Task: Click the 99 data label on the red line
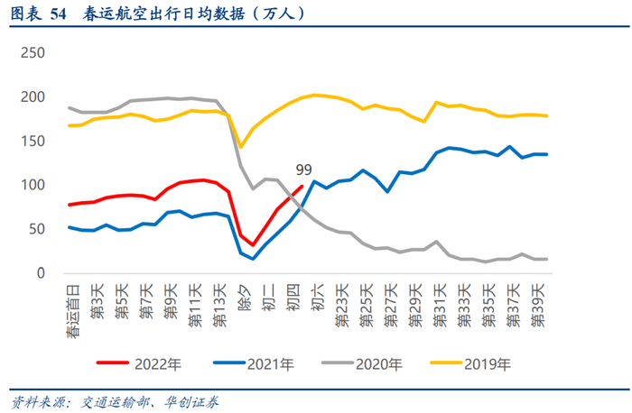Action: [304, 170]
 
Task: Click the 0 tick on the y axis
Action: [40, 273]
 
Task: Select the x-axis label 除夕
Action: [243, 296]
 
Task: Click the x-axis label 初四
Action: [292, 296]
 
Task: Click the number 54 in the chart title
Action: [59, 14]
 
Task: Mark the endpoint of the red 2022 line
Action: [302, 187]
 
